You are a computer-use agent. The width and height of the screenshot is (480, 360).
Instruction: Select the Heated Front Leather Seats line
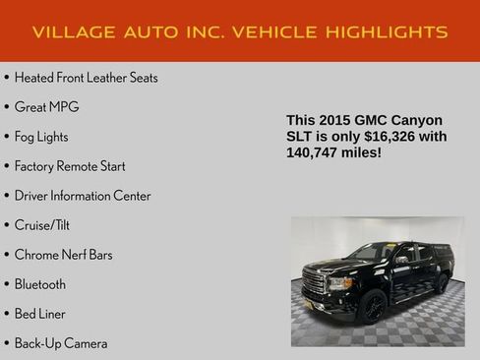86,78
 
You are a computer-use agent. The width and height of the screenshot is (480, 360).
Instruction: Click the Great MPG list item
46,107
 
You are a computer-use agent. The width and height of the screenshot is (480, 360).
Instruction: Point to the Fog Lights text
41,137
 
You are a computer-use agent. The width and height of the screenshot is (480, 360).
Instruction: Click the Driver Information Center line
83,196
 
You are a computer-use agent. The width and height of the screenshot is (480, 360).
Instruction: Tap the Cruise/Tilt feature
42,225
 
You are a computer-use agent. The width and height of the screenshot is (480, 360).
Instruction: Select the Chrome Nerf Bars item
63,255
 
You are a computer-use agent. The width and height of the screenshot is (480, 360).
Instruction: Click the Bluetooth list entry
40,284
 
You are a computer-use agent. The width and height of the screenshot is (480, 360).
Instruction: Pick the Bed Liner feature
39,314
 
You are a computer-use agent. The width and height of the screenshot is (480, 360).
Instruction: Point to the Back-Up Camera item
61,343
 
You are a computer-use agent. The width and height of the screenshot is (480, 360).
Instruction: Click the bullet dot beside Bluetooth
6,284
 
